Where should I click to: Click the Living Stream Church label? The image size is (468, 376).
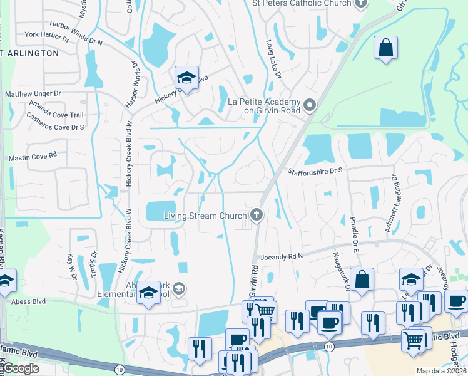[205, 216]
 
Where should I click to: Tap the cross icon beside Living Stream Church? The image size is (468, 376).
[256, 216]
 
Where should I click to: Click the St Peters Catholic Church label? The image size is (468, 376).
[301, 3]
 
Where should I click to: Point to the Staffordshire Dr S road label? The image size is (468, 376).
[316, 170]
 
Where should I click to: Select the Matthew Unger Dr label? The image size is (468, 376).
[33, 94]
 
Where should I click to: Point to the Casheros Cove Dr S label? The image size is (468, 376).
[55, 127]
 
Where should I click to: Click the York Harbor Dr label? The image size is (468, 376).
[46, 36]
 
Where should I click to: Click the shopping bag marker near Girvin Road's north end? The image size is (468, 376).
[386, 48]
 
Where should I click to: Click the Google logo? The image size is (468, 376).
[21, 368]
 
